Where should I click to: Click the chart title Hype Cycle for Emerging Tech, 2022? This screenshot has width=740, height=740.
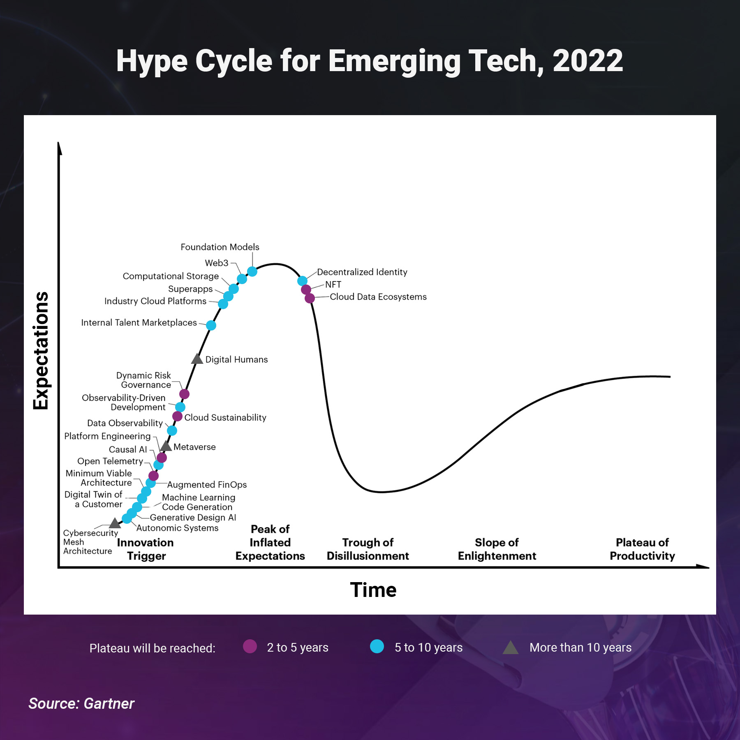pos(369,61)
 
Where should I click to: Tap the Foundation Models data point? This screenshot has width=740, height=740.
pos(252,271)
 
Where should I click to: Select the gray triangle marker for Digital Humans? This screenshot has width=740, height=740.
pos(197,359)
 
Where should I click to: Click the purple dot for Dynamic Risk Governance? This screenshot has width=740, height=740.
pos(184,394)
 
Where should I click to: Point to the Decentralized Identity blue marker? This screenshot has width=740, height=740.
pos(302,281)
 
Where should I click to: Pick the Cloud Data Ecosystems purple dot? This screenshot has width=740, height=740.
pos(310,298)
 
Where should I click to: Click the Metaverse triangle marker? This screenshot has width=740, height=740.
pos(166,446)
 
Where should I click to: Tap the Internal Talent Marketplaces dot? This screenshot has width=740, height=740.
pos(211,325)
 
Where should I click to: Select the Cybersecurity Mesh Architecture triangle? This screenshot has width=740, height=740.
pos(115,523)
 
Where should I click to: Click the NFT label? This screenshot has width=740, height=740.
pos(333,284)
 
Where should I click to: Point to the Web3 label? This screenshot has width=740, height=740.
pos(216,263)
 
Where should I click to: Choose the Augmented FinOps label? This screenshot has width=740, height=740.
pos(207,485)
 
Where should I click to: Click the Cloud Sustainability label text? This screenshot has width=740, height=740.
pos(225,418)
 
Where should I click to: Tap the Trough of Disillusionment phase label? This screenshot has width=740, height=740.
pos(368,549)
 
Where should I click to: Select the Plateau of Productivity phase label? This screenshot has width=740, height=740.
pos(642,549)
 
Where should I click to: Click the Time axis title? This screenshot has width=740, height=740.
pos(373,590)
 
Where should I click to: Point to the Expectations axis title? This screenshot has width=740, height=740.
pos(41,351)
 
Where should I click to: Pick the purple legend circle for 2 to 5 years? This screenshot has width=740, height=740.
pos(250,646)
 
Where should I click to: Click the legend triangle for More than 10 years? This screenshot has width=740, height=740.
pos(510,648)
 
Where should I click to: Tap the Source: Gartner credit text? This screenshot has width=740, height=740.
pos(81,704)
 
